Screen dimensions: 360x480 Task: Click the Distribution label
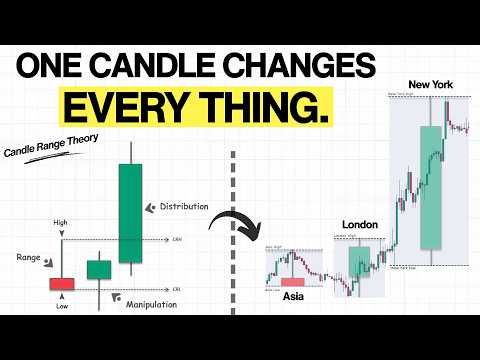click(x=185, y=206)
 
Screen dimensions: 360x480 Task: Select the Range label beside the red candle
click(x=28, y=258)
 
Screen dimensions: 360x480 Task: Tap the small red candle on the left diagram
click(x=63, y=283)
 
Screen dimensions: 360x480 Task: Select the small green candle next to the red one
click(x=98, y=270)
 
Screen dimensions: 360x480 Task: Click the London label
click(x=359, y=225)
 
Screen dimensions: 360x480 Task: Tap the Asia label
click(x=294, y=297)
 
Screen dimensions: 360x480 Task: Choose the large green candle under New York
click(x=431, y=188)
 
